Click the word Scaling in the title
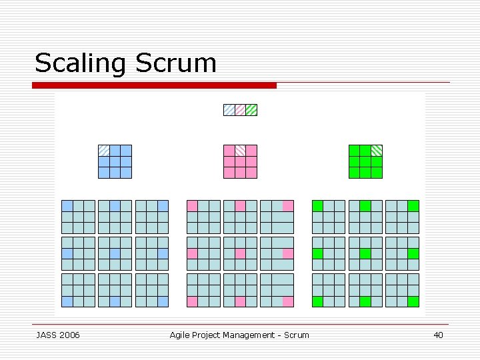pyautogui.click(x=81, y=63)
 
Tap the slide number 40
pyautogui.click(x=438, y=335)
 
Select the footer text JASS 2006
pyautogui.click(x=57, y=335)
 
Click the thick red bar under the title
pyautogui.click(x=154, y=85)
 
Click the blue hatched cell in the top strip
pyautogui.click(x=229, y=110)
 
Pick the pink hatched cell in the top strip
pyautogui.click(x=240, y=110)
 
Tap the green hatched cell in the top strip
pyautogui.click(x=251, y=110)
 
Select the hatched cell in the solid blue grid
pyautogui.click(x=104, y=151)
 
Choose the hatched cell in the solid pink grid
pyautogui.click(x=240, y=151)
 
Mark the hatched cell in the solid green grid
pyautogui.click(x=377, y=151)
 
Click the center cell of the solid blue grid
pyautogui.click(x=115, y=161)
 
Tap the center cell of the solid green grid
pyautogui.click(x=366, y=161)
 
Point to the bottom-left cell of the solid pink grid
pyautogui.click(x=229, y=173)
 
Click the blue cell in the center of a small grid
pyautogui.click(x=115, y=253)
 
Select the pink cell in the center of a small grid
pyautogui.click(x=240, y=253)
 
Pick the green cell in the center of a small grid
pyautogui.click(x=365, y=253)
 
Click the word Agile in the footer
pyautogui.click(x=180, y=335)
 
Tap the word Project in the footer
pyautogui.click(x=207, y=335)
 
